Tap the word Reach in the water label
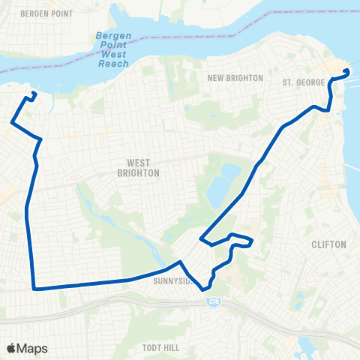tap(113, 63)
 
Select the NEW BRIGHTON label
tap(235, 78)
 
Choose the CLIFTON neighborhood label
tap(328, 244)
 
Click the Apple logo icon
tap(12, 347)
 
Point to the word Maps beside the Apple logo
tap(33, 348)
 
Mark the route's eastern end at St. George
tap(347, 71)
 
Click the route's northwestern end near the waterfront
tap(34, 93)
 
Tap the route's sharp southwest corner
tap(34, 286)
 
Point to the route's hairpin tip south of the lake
tap(202, 239)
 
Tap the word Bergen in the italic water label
tap(113, 36)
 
